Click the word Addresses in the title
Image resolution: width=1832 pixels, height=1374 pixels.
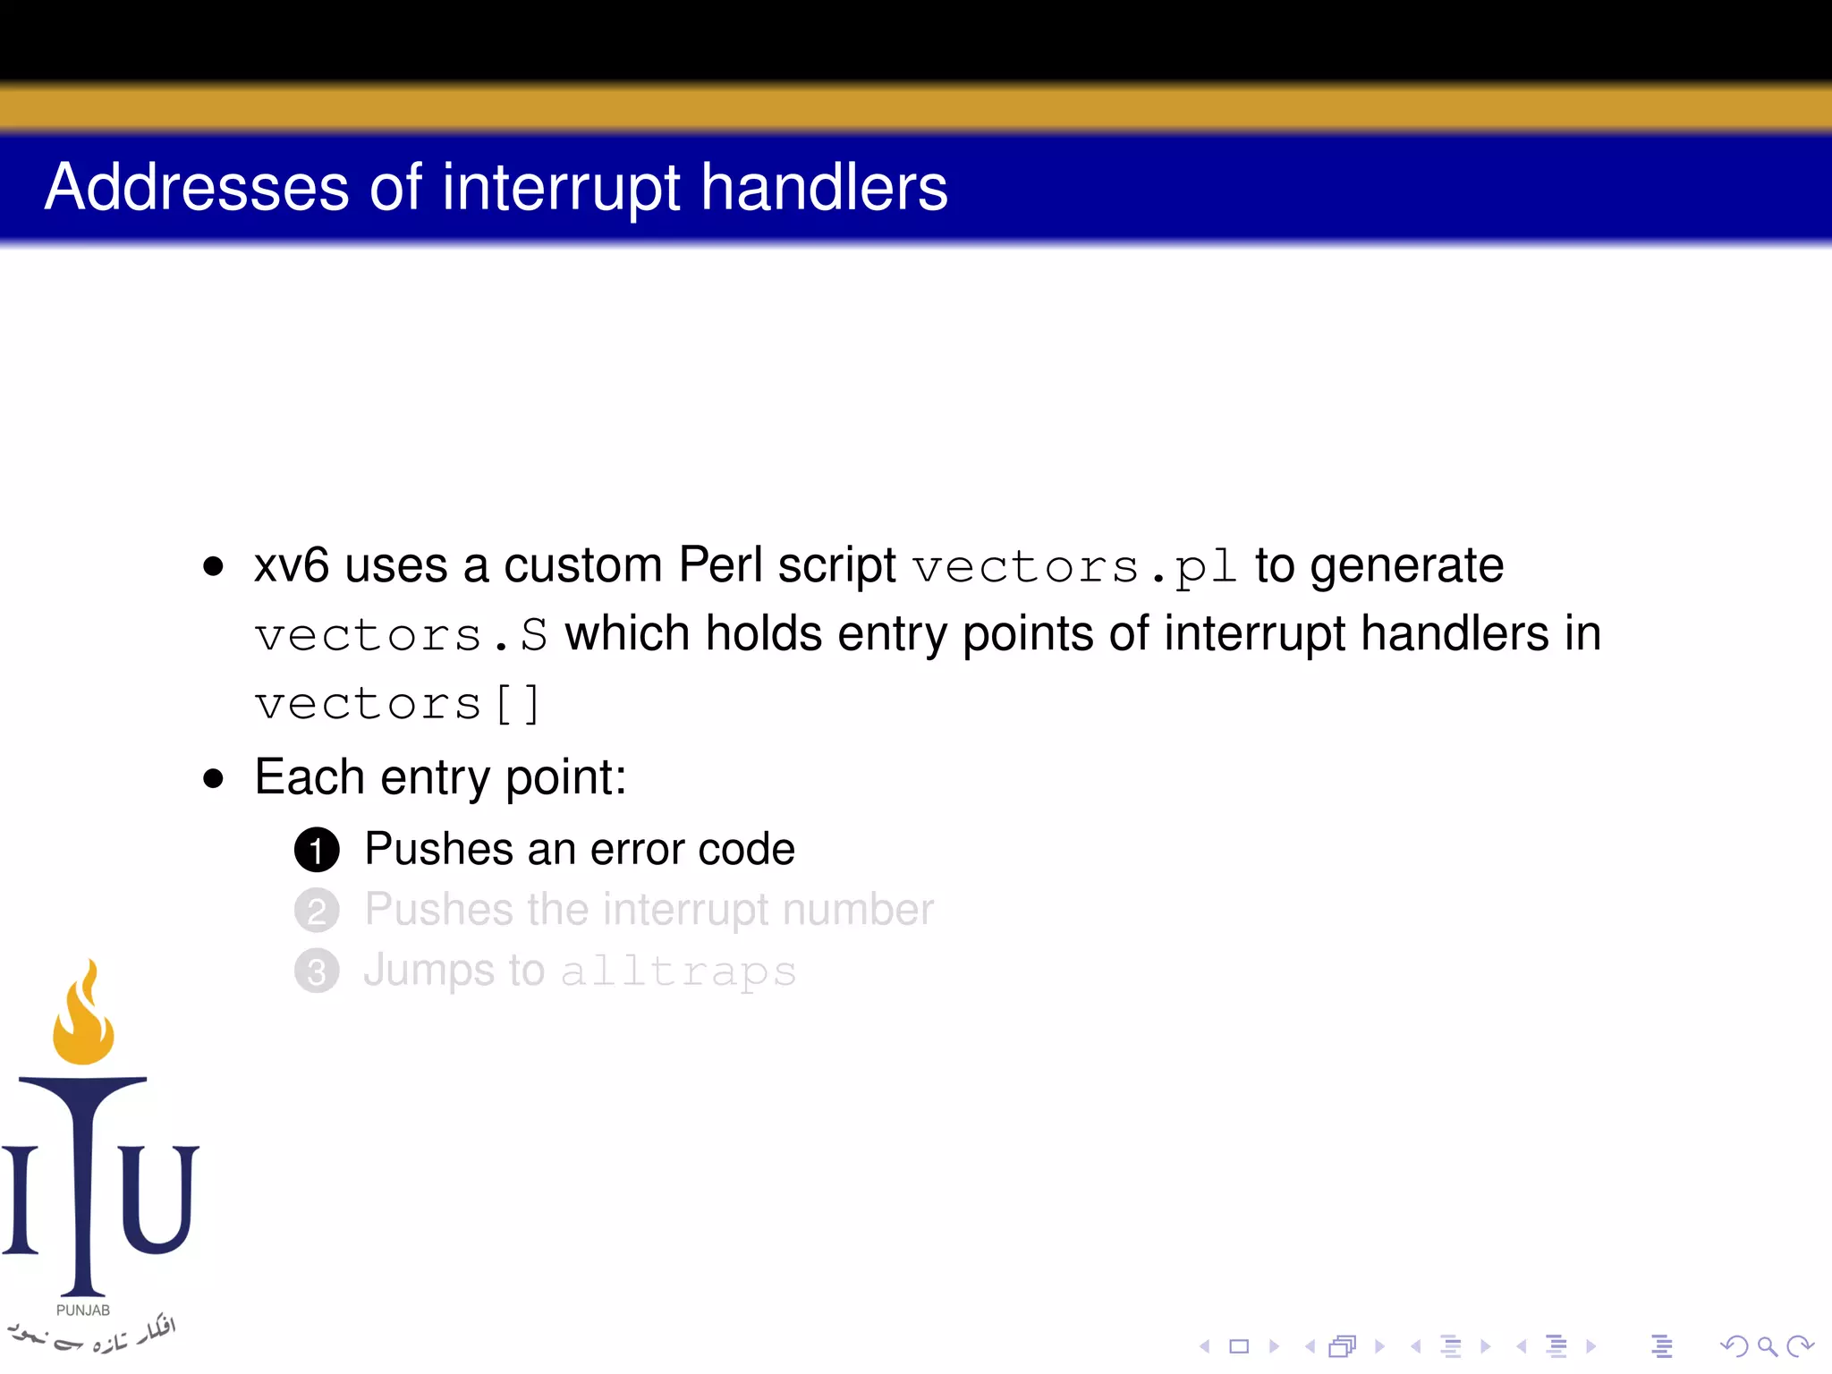point(197,188)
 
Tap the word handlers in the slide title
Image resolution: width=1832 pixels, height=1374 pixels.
point(823,188)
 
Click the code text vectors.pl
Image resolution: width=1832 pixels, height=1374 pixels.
point(1074,567)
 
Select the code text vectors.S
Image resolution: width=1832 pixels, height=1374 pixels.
point(401,635)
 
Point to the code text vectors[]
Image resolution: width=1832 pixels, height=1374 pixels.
point(397,704)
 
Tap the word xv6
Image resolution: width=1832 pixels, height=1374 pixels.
point(292,565)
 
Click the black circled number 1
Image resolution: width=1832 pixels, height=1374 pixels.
point(317,850)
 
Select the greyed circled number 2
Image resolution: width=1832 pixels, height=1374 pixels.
point(317,911)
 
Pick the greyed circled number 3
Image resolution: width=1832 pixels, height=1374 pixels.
point(317,971)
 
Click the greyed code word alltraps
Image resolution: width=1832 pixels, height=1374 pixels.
point(678,972)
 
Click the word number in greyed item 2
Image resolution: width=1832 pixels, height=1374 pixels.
point(857,910)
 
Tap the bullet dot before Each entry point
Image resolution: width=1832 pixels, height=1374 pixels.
point(213,778)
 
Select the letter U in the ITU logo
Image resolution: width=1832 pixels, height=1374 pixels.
point(159,1199)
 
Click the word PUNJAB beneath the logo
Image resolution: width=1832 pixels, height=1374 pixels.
point(82,1310)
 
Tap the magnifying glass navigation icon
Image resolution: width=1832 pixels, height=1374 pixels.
point(1767,1345)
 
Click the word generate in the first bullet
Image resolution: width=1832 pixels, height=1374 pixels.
point(1406,565)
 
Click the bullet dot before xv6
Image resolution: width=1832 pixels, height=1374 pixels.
point(213,566)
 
